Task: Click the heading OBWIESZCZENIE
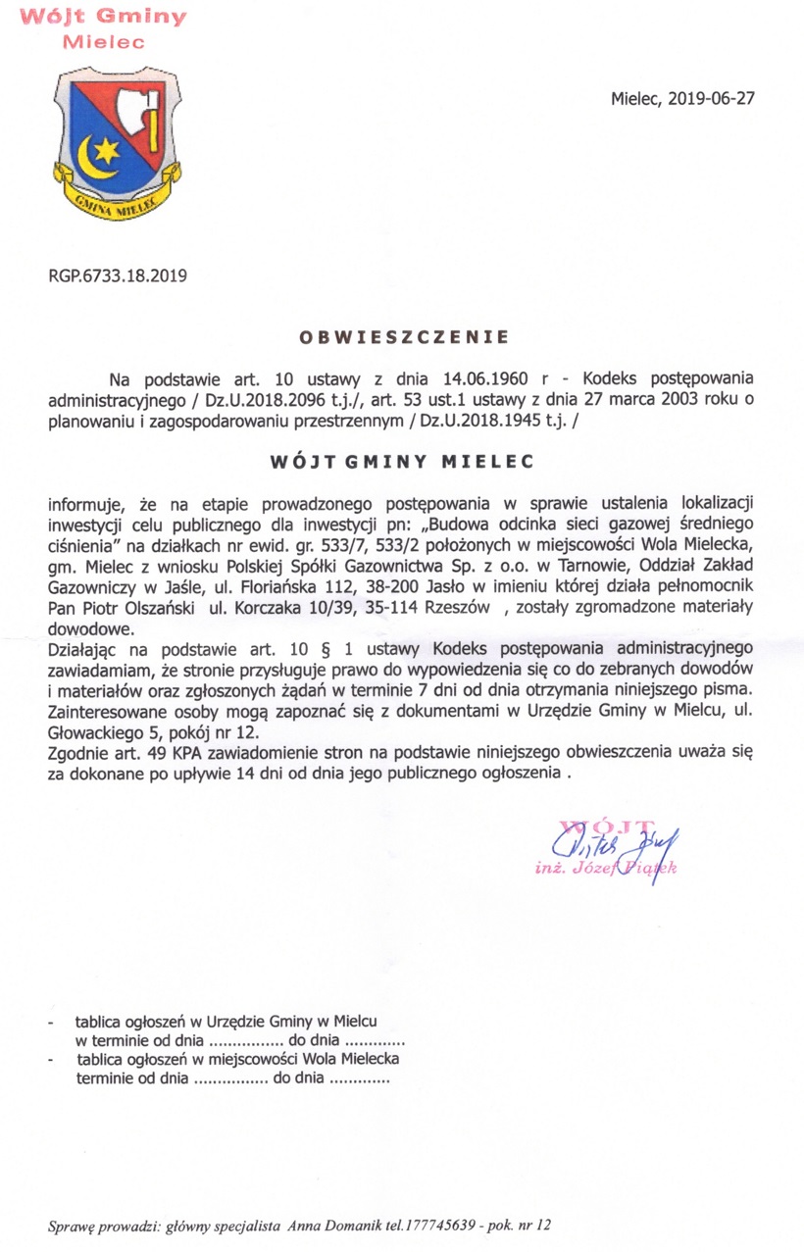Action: click(403, 337)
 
